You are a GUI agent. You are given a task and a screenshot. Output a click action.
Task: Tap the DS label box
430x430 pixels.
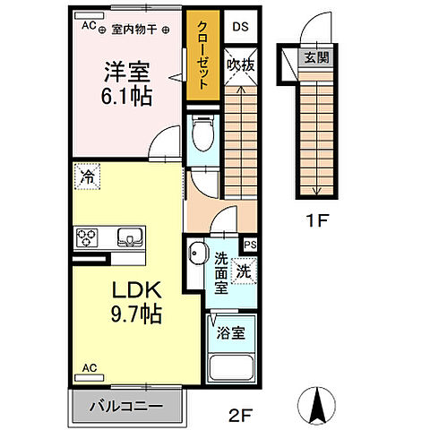(x=240, y=27)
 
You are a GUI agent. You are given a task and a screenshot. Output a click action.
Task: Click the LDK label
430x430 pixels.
(x=136, y=292)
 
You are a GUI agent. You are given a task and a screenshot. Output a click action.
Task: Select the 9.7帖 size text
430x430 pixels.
(x=136, y=316)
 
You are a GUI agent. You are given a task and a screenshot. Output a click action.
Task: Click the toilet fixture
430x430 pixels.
(x=202, y=134)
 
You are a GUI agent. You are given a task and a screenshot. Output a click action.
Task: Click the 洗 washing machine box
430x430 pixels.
(x=243, y=269)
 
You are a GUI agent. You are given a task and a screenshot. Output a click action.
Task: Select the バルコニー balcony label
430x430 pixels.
(x=126, y=406)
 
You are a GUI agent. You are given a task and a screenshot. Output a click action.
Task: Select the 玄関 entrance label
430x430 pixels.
(x=314, y=58)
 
